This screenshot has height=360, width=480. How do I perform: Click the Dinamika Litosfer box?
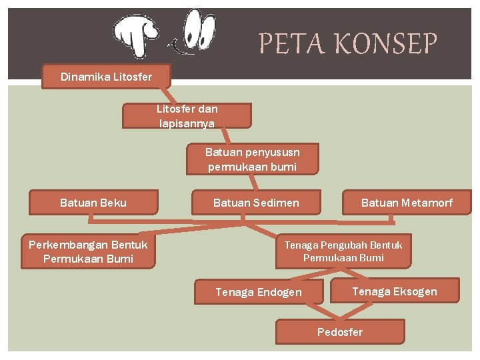coord(107,77)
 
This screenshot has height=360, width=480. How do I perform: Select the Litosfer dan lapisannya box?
coord(187,116)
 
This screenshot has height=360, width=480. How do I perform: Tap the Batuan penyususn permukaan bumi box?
coord(252,159)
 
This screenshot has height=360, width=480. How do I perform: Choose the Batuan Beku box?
coord(93,203)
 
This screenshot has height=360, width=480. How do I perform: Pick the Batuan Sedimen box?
coord(256,203)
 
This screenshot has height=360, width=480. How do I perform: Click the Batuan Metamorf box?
coord(407,203)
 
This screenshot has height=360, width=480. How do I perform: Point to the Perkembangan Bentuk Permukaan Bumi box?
coord(88,252)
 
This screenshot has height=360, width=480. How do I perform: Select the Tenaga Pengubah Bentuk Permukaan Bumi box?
coord(343,251)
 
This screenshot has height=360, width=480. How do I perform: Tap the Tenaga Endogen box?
coord(259,292)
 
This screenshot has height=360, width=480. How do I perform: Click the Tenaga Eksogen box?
coord(395,291)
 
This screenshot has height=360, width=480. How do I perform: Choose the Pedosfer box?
coord(340,332)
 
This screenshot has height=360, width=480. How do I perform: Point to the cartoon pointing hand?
coord(137,34)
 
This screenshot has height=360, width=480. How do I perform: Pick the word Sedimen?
coord(277,203)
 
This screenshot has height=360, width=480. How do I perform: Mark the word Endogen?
coord(279,292)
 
